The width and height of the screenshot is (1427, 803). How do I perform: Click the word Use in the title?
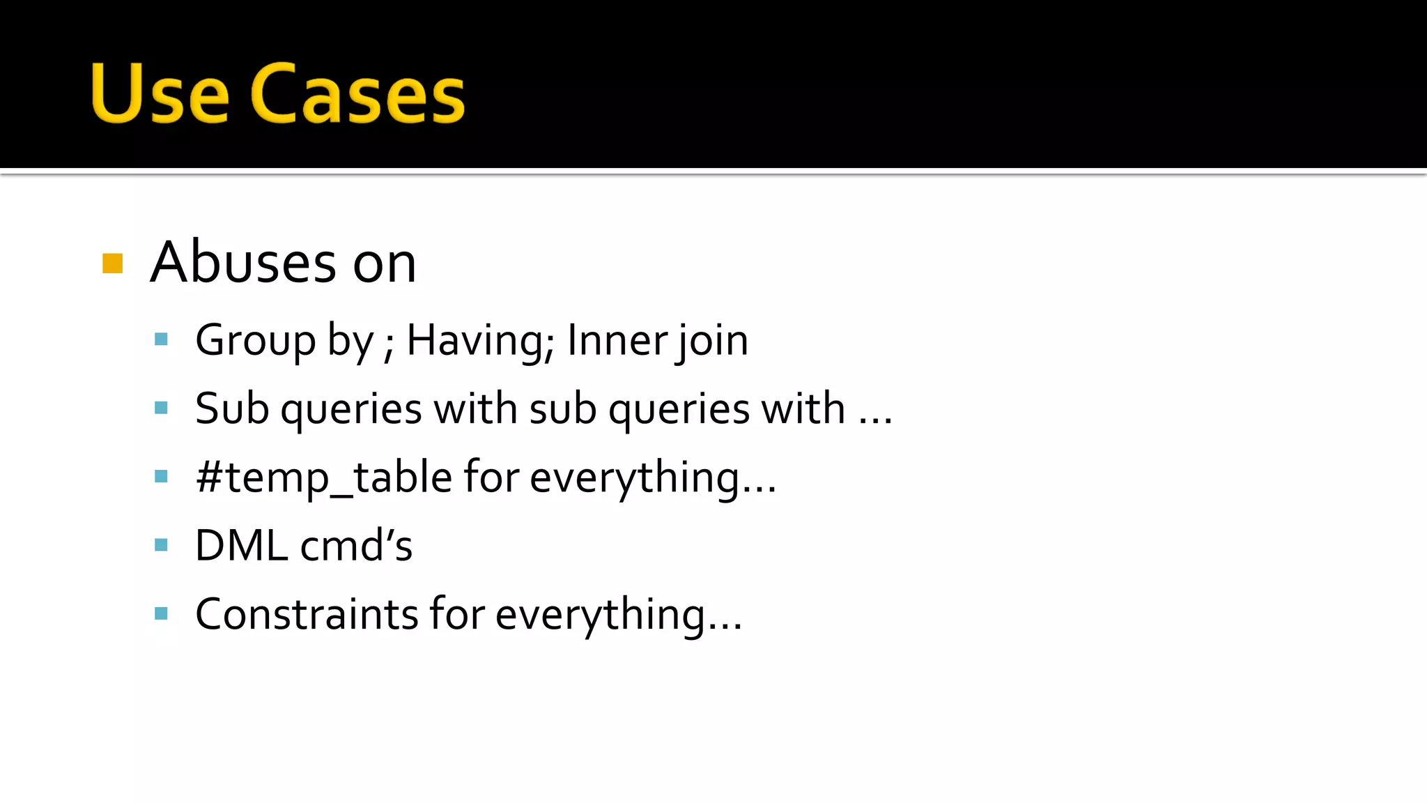[160, 93]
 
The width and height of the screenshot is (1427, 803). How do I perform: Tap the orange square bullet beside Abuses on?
[112, 263]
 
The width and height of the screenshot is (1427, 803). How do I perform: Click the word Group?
[256, 340]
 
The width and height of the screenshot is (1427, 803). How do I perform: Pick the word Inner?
[617, 340]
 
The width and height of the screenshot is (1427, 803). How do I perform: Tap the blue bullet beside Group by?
[162, 340]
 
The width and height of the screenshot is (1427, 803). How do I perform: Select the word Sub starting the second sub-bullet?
[232, 408]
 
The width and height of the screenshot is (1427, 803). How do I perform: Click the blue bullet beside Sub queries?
[162, 408]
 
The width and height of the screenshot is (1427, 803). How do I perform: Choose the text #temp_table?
[324, 477]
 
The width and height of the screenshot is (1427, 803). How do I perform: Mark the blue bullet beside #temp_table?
[162, 477]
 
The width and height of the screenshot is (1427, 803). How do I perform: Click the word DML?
[241, 545]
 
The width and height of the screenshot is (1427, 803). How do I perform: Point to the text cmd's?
[356, 545]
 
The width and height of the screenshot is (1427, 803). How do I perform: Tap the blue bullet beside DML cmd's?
[162, 545]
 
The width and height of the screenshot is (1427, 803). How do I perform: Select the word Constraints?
[306, 614]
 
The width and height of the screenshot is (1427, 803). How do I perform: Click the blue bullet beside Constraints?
[162, 614]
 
